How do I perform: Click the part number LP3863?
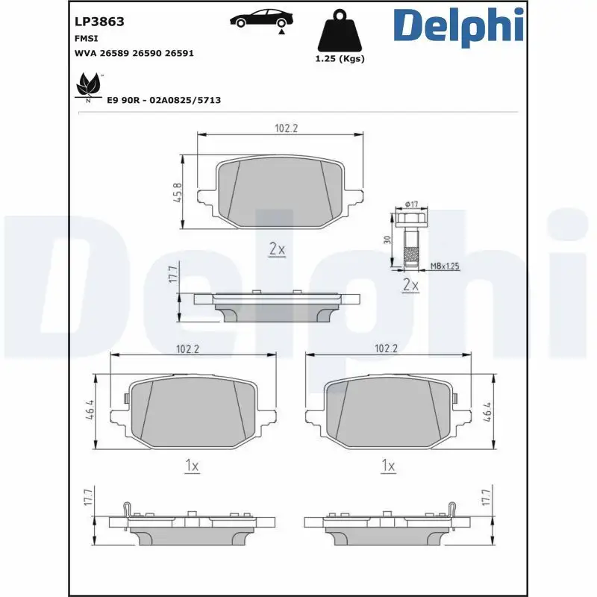click(x=99, y=22)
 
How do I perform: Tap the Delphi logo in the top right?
click(x=458, y=27)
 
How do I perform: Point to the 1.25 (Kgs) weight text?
click(x=341, y=59)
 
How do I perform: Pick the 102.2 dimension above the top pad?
click(x=286, y=128)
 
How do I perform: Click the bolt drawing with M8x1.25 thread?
click(x=409, y=239)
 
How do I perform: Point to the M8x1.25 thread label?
click(x=445, y=266)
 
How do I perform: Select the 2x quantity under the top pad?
click(x=277, y=249)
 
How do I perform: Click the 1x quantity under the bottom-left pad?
click(x=192, y=466)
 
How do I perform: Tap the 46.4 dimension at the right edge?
click(x=489, y=411)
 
